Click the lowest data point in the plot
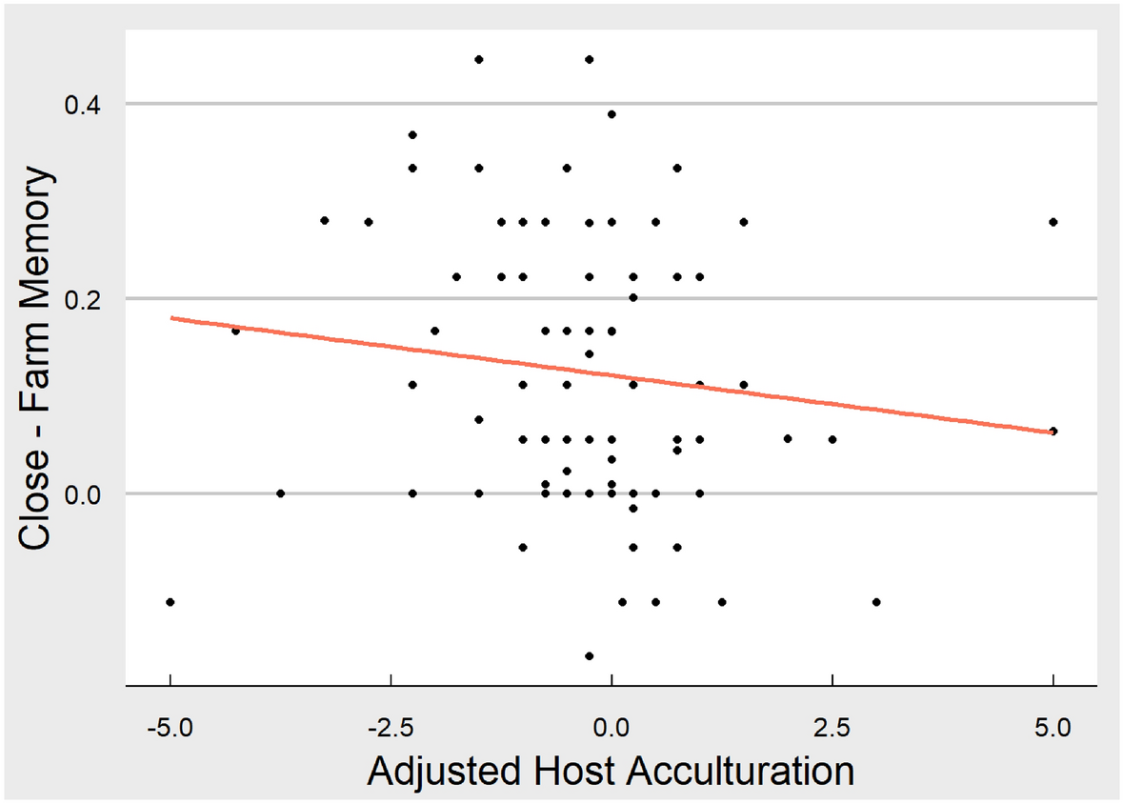pyautogui.click(x=589, y=655)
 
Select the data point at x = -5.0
pyautogui.click(x=170, y=602)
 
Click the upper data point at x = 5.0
pyautogui.click(x=1053, y=222)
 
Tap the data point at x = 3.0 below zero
pyautogui.click(x=876, y=602)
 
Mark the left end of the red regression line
pyautogui.click(x=171, y=318)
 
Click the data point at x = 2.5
pyautogui.click(x=832, y=439)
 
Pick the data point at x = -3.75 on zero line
pyautogui.click(x=280, y=493)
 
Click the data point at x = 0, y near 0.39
pyautogui.click(x=612, y=114)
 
